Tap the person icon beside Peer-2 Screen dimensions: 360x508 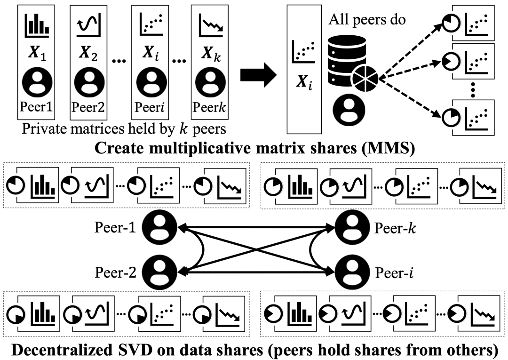160,272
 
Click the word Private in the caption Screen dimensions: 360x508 43,128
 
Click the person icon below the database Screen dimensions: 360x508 346,108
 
